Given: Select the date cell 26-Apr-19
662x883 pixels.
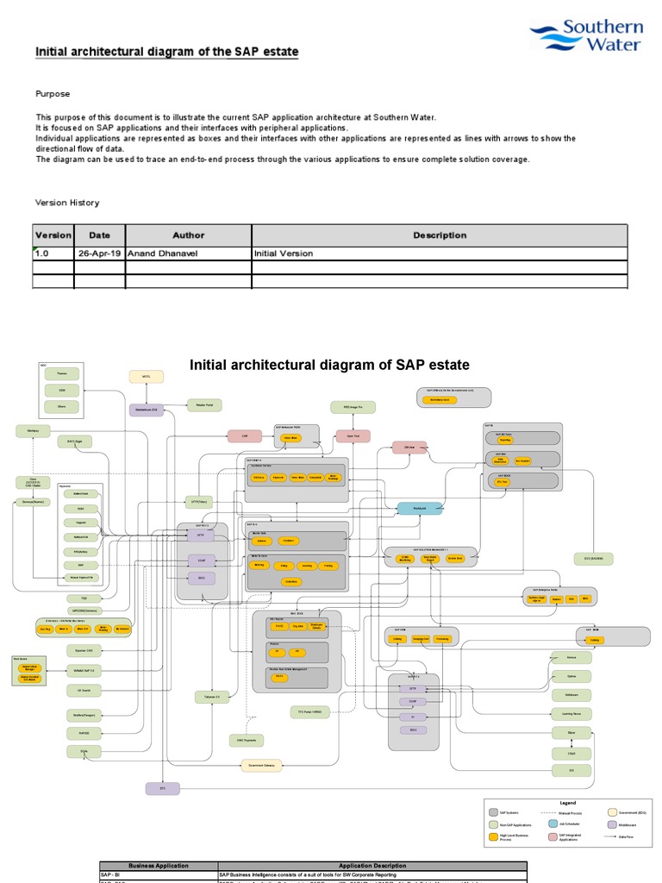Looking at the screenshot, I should [99, 254].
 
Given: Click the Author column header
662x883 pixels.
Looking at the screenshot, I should [188, 235].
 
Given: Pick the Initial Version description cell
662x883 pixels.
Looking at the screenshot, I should [284, 254].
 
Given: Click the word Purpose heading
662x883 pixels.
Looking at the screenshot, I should [53, 94].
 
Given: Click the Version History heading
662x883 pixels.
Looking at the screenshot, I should [66, 203].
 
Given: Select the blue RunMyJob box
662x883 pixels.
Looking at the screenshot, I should [420, 508].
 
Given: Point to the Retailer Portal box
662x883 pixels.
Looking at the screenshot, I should [205, 404].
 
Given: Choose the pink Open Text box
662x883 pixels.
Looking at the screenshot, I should [353, 436].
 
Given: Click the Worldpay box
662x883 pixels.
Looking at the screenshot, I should [34, 430].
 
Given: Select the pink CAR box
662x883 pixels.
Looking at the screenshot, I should [245, 436].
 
